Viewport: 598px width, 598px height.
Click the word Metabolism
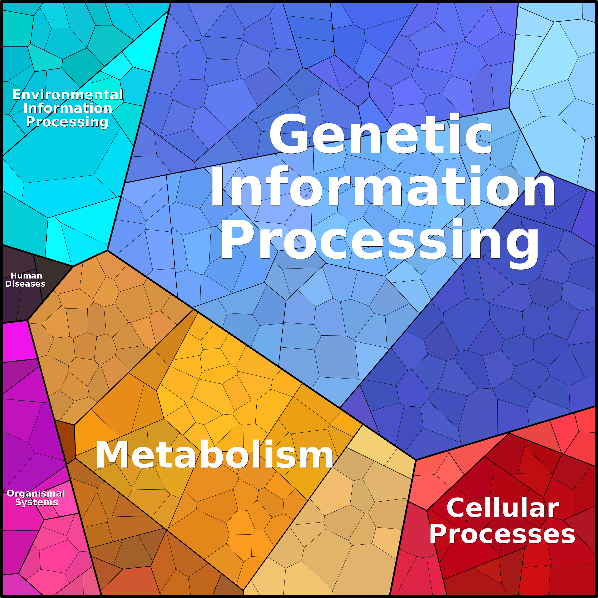[214, 455]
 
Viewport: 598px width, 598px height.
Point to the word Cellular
[503, 508]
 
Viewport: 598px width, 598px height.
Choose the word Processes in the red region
[502, 534]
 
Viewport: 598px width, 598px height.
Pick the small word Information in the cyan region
[67, 108]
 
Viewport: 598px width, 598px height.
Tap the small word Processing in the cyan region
[67, 122]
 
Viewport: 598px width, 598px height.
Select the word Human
[26, 275]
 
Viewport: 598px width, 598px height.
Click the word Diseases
[25, 284]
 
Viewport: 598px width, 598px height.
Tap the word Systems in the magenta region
[36, 502]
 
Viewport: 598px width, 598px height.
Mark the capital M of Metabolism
[112, 455]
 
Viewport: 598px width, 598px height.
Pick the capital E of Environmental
[17, 95]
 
